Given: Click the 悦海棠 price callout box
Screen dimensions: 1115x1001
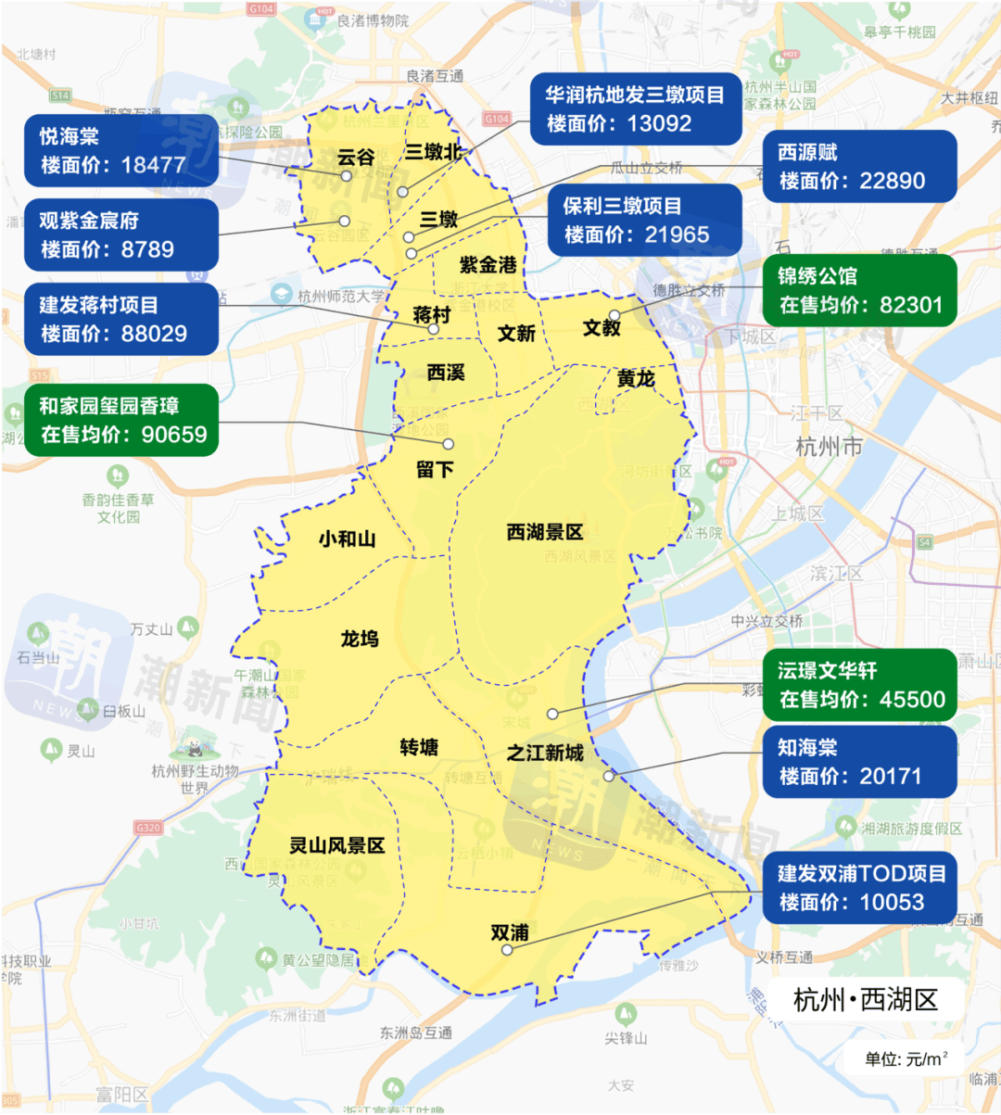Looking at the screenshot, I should pyautogui.click(x=121, y=150).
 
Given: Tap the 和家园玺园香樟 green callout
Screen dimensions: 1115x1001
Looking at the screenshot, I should pyautogui.click(x=121, y=420).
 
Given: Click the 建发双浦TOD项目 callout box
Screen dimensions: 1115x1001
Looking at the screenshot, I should pyautogui.click(x=859, y=888).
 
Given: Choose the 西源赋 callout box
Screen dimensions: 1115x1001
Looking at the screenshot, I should pyautogui.click(x=859, y=166).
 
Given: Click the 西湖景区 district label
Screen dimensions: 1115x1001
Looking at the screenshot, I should pyautogui.click(x=545, y=532).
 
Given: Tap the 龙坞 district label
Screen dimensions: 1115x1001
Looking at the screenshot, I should pyautogui.click(x=359, y=639).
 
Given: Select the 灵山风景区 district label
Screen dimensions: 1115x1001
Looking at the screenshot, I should pyautogui.click(x=336, y=845).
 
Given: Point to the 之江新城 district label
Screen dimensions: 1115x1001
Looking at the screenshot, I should pyautogui.click(x=545, y=753).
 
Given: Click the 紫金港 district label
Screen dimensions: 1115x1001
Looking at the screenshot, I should pyautogui.click(x=488, y=265).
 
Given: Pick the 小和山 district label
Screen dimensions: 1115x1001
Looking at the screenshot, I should pyautogui.click(x=347, y=538).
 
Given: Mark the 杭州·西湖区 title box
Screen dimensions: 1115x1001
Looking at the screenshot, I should pyautogui.click(x=866, y=1000).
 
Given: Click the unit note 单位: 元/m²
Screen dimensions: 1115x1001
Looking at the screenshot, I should pyautogui.click(x=906, y=1058).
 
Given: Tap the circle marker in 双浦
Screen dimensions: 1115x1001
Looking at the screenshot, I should pyautogui.click(x=507, y=950).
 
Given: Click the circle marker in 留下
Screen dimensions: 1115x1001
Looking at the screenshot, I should pyautogui.click(x=449, y=445).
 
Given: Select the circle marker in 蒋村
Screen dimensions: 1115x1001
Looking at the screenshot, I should pyautogui.click(x=433, y=329).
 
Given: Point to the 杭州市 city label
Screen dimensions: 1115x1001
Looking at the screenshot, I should pyautogui.click(x=829, y=447).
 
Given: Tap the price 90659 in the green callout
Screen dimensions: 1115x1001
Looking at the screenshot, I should pyautogui.click(x=174, y=435).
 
